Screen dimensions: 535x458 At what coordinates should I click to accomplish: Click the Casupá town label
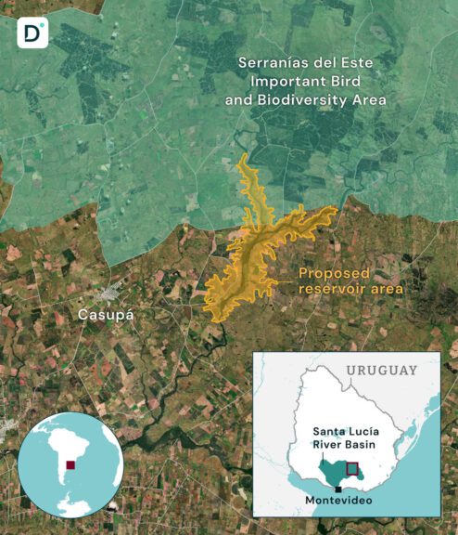[x=106, y=315]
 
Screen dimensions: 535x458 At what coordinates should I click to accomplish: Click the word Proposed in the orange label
[x=333, y=273]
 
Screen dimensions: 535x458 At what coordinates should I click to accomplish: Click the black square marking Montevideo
[x=339, y=489]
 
